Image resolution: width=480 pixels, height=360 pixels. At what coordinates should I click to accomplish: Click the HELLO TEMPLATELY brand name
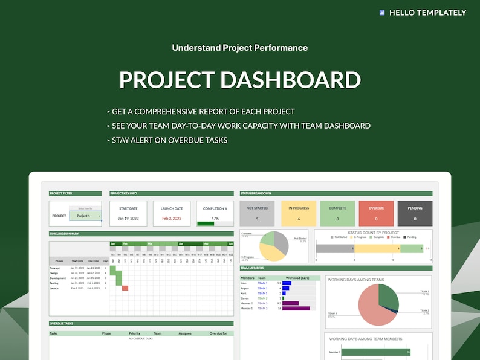427,12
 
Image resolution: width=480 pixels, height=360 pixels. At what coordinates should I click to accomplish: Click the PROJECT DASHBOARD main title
240,80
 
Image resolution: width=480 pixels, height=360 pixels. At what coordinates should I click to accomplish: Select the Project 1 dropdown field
84,216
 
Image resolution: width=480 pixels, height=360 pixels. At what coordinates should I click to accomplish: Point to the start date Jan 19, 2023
128,218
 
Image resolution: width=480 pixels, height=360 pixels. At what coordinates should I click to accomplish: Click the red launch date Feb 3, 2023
171,218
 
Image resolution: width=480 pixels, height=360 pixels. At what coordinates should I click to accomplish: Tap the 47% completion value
215,218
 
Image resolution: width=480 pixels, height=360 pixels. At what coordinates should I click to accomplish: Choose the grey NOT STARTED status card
257,213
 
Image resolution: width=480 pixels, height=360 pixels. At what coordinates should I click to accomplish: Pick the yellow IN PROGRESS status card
298,213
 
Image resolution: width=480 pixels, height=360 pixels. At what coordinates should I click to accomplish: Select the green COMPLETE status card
337,213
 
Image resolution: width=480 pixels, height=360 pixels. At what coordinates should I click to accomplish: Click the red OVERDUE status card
376,213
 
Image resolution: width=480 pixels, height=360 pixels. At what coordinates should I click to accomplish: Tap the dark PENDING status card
415,213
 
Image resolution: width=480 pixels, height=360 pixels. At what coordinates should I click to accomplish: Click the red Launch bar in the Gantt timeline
125,288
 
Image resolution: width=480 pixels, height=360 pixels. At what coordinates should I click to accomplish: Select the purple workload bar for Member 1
296,308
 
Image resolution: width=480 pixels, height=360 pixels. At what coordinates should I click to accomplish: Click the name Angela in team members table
245,288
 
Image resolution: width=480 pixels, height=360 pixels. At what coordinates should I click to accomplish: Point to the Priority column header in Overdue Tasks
134,333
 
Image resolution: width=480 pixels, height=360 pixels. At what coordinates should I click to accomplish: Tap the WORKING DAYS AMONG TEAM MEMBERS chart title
365,339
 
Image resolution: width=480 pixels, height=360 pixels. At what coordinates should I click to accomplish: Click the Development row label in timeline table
57,278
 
